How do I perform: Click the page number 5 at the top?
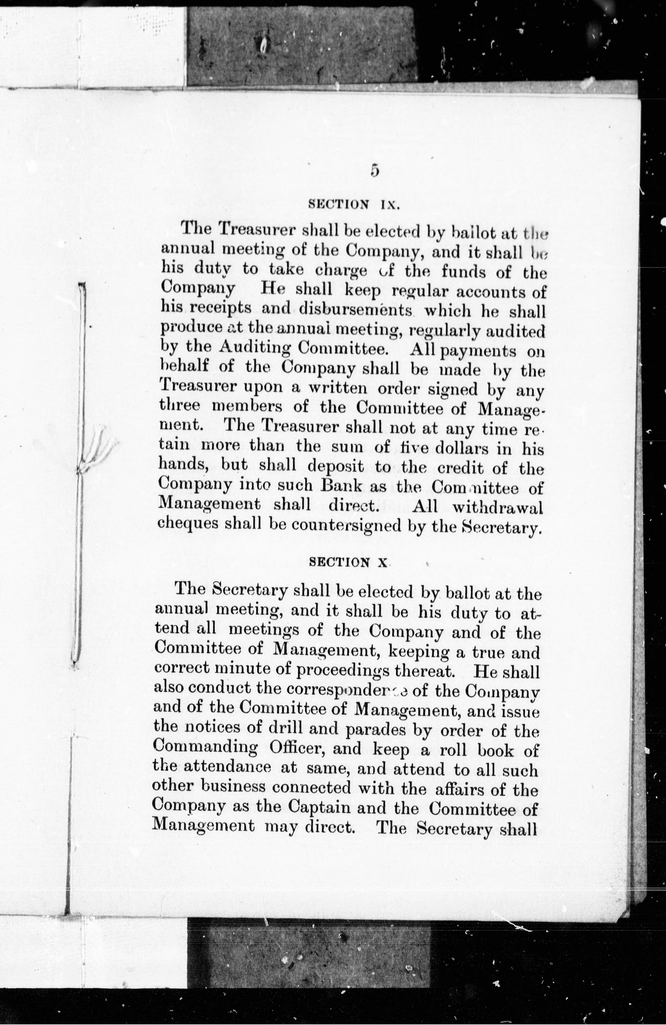point(374,171)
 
